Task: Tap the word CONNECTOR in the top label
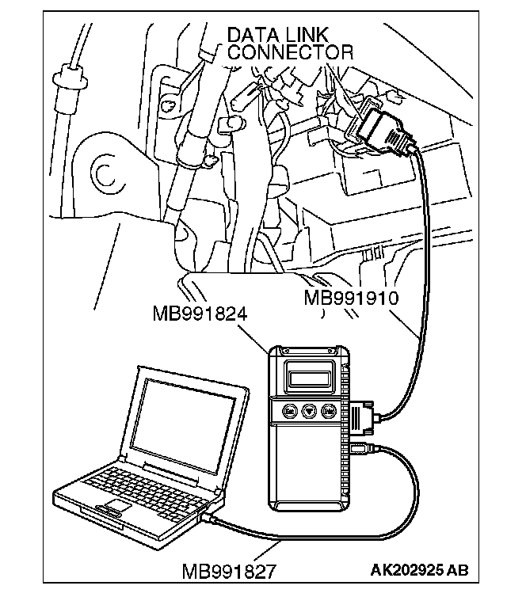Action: coord(289,53)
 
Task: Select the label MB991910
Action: coord(351,298)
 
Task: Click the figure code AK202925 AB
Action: coord(418,570)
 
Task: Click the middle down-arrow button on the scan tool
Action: coord(310,412)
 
